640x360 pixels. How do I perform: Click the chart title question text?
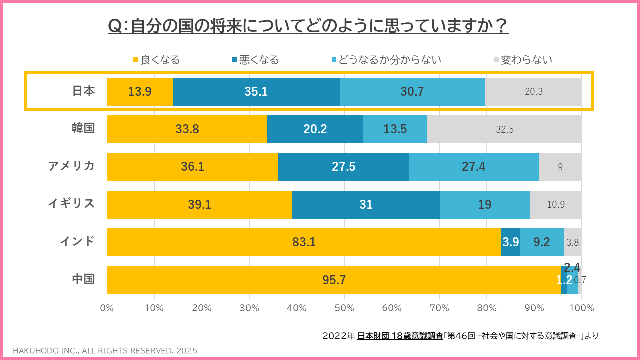pyautogui.click(x=308, y=25)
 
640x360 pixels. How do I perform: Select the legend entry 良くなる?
pyautogui.click(x=156, y=60)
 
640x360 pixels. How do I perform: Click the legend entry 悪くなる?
pyautogui.click(x=255, y=60)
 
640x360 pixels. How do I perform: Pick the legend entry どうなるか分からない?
pyautogui.click(x=386, y=60)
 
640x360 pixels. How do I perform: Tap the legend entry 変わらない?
pyautogui.click(x=523, y=60)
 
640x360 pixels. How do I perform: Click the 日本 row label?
pyautogui.click(x=83, y=91)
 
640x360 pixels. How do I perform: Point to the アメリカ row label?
pyautogui.click(x=71, y=166)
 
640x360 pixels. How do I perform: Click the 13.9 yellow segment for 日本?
pyautogui.click(x=140, y=92)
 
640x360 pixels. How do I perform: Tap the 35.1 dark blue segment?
pyautogui.click(x=256, y=92)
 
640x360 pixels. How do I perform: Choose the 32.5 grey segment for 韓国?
pyautogui.click(x=505, y=129)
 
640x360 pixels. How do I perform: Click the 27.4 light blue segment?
pyautogui.click(x=473, y=167)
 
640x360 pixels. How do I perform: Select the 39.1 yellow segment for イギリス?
pyautogui.click(x=199, y=205)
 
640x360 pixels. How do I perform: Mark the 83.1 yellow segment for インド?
pyautogui.click(x=304, y=242)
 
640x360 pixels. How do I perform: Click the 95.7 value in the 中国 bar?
pyautogui.click(x=334, y=280)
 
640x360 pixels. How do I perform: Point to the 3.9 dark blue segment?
pyautogui.click(x=510, y=242)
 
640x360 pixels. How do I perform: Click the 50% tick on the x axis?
pyautogui.click(x=344, y=308)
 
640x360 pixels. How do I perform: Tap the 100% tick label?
pyautogui.click(x=581, y=308)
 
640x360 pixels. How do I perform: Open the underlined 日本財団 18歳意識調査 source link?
pyautogui.click(x=400, y=336)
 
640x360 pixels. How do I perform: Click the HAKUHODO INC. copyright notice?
pyautogui.click(x=105, y=350)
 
